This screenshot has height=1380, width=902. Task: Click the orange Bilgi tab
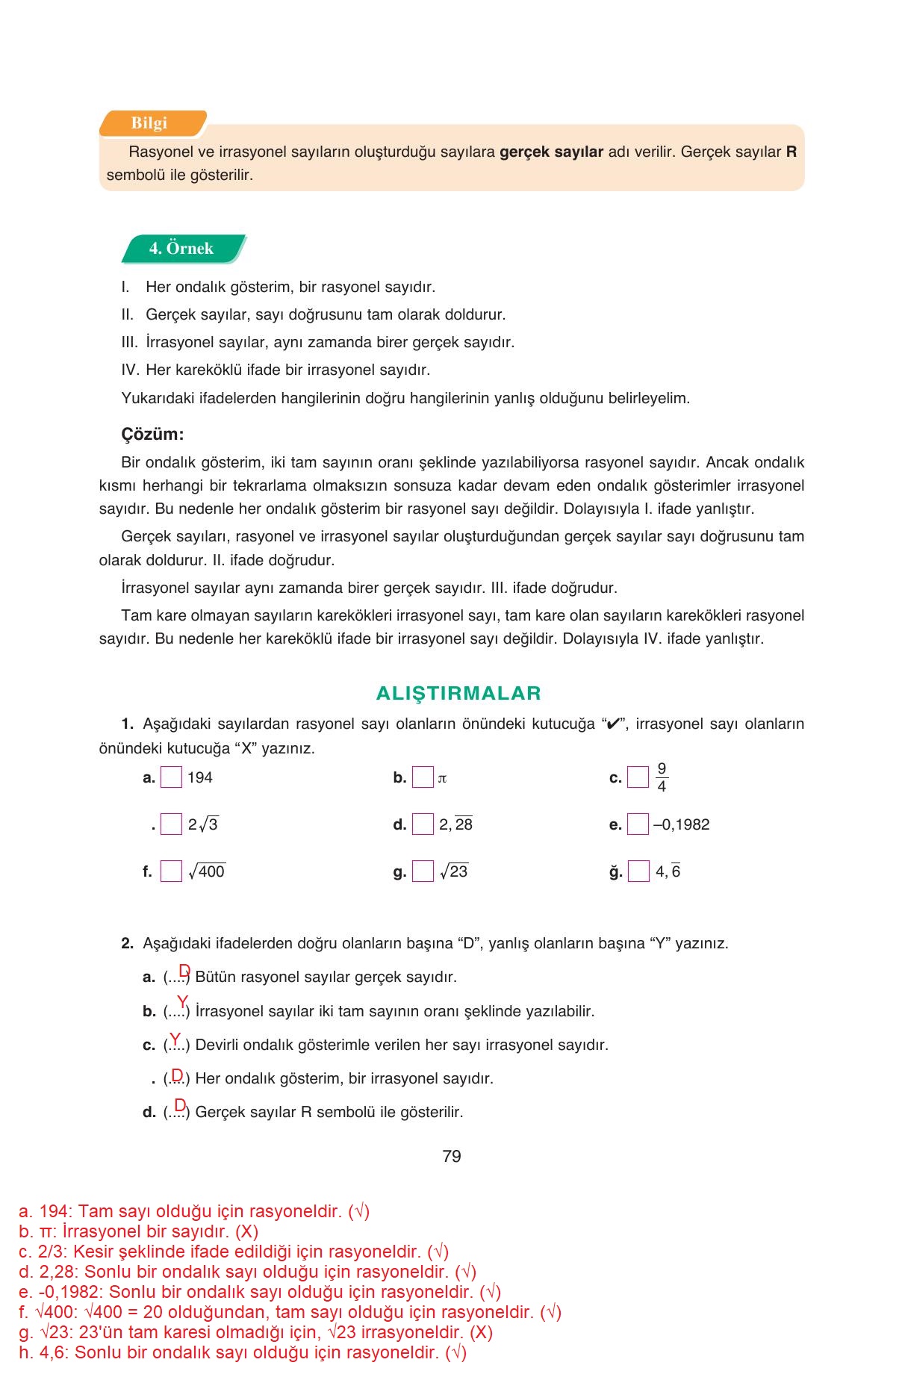click(x=152, y=123)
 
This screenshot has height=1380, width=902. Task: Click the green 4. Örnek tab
click(x=182, y=249)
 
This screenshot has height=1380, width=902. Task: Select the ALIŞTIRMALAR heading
click(x=458, y=693)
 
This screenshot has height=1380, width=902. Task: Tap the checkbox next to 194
click(x=171, y=777)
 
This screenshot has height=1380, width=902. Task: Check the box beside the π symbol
click(x=423, y=777)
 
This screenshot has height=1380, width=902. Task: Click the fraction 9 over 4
click(x=662, y=777)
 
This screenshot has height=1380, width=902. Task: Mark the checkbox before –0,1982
click(x=638, y=824)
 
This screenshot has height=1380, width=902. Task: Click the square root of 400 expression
click(x=207, y=871)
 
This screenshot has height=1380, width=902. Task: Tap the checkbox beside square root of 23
click(x=423, y=871)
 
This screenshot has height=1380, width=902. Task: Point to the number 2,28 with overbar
click(x=455, y=824)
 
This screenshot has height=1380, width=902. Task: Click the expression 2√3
click(x=203, y=824)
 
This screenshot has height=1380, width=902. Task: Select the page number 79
click(x=451, y=1157)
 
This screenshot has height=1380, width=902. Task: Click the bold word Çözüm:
click(x=152, y=435)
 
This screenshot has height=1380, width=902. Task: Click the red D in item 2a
click(x=184, y=970)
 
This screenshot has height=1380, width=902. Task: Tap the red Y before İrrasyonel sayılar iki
click(x=182, y=1002)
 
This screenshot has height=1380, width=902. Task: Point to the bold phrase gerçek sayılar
click(x=551, y=152)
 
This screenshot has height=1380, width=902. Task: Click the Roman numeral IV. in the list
click(x=130, y=370)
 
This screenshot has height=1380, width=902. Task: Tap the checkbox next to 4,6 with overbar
click(x=638, y=871)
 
